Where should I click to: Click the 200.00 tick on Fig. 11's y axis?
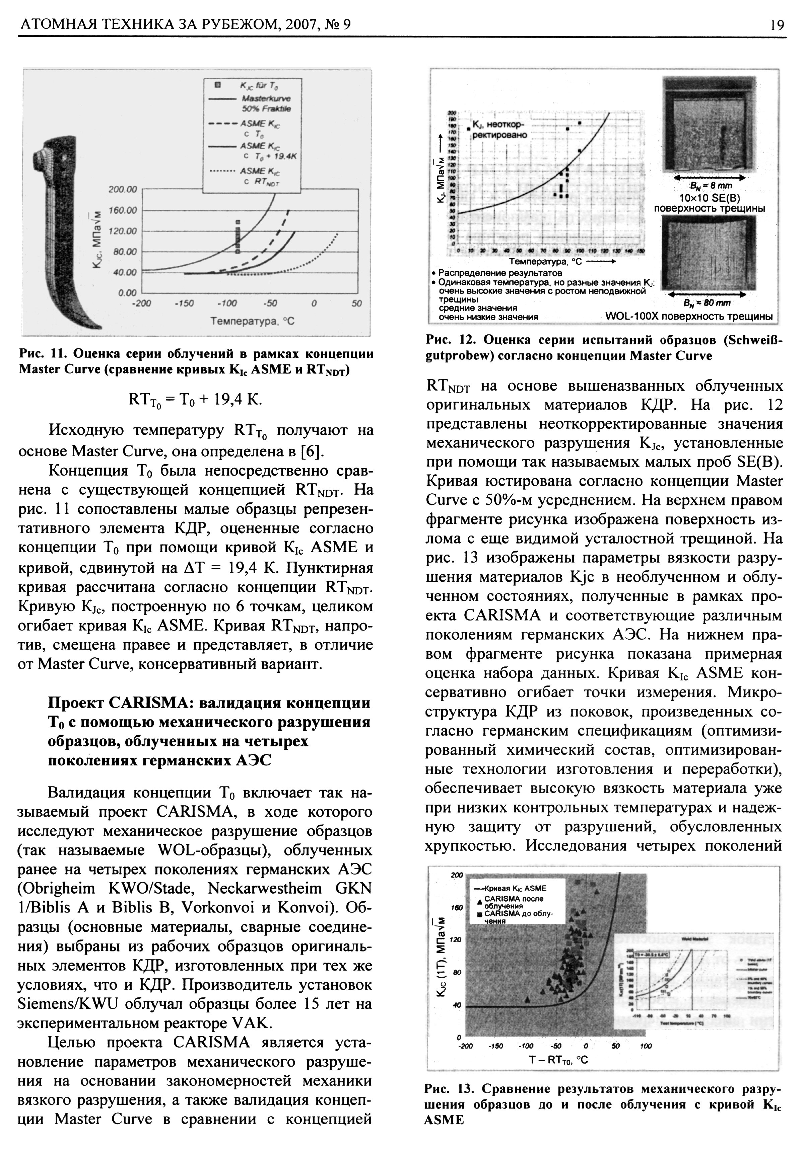point(123,189)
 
